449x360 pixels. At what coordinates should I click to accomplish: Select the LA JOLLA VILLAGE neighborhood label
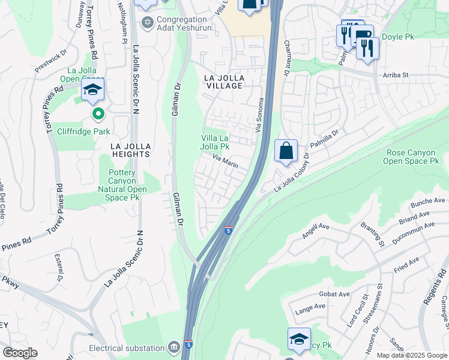223,82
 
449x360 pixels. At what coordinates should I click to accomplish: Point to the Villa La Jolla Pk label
215,142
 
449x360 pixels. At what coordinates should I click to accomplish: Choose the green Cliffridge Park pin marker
97,113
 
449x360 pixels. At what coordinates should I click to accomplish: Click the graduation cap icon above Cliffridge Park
93,90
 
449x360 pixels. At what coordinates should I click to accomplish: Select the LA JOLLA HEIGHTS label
130,150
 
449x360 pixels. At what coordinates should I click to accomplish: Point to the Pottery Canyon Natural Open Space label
126,185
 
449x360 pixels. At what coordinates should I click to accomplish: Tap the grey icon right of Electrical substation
174,347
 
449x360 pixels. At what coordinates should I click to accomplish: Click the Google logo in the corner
20,353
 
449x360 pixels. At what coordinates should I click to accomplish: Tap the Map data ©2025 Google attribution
411,355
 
